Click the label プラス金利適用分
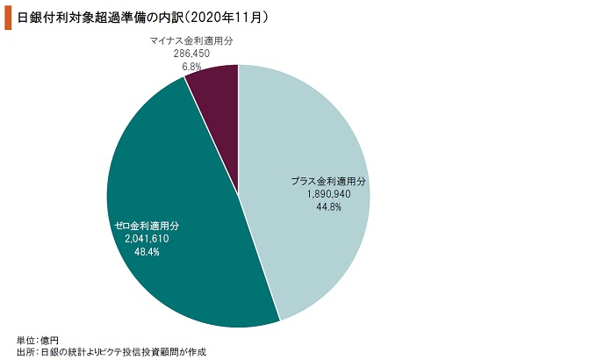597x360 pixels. click(x=328, y=181)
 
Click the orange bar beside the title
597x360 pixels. click(x=8, y=18)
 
